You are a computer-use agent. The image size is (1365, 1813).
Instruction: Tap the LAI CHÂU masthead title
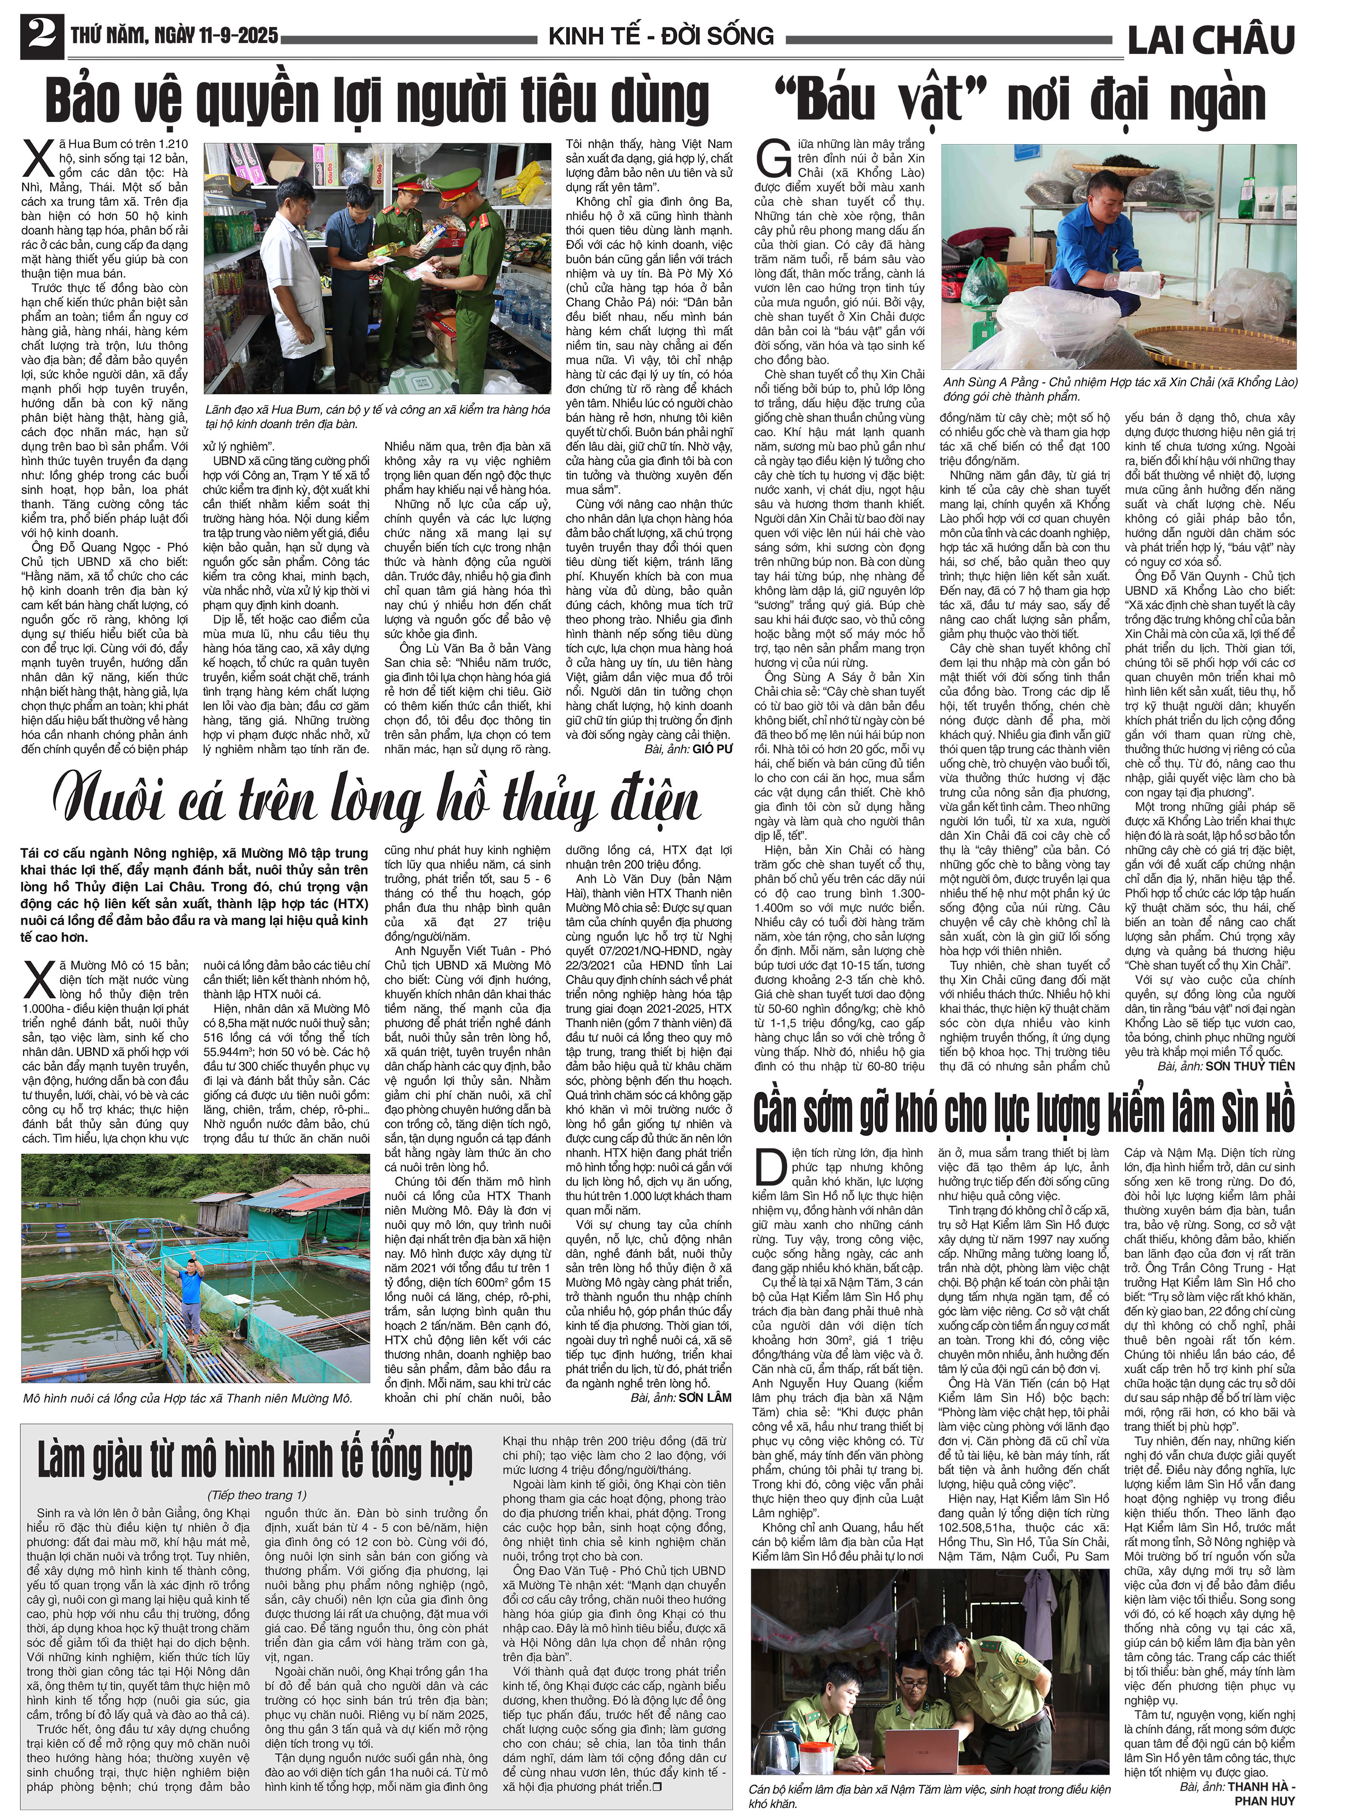point(1211,38)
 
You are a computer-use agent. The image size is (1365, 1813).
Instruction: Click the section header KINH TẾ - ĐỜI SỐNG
point(661,36)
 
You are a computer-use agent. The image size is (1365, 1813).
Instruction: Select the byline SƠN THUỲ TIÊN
point(1250,1065)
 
